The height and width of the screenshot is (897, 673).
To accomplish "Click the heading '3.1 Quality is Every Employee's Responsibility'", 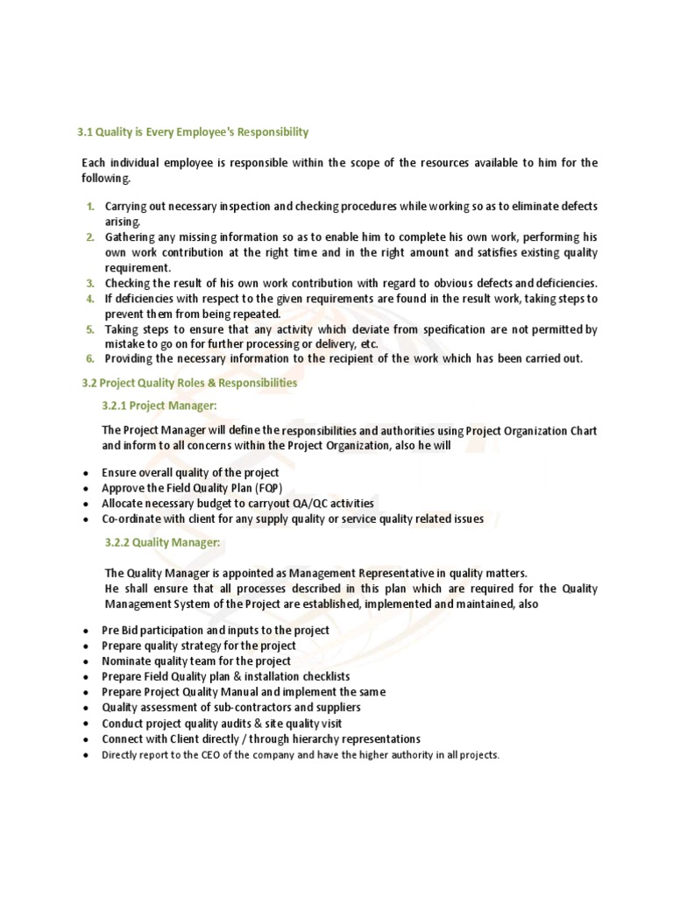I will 194,132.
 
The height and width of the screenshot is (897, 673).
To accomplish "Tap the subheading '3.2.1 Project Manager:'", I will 159,405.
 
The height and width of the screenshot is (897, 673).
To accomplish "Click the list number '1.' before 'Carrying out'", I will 90,207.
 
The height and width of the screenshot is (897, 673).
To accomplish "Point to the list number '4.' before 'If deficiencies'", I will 90,299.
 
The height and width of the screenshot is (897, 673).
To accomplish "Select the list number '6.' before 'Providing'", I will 90,358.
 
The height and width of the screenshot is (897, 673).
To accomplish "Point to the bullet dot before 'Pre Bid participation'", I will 84,631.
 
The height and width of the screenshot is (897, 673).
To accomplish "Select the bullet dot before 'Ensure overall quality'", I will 84,473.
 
